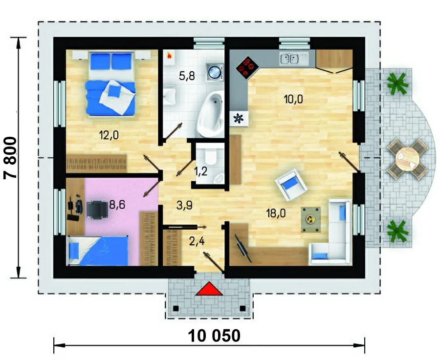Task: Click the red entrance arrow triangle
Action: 209,289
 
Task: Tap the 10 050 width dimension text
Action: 214,336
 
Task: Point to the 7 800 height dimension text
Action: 10,158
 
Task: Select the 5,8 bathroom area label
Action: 187,76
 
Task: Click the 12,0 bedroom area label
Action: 109,135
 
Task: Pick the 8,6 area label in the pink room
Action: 117,205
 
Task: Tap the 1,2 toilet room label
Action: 200,171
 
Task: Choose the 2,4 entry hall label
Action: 197,241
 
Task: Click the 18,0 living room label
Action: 276,213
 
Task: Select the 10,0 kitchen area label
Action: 293,99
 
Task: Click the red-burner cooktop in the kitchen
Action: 247,67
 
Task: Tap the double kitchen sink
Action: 289,59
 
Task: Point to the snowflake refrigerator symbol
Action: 239,118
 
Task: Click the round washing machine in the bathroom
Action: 215,71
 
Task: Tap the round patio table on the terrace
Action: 407,159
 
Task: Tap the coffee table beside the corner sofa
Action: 310,219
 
